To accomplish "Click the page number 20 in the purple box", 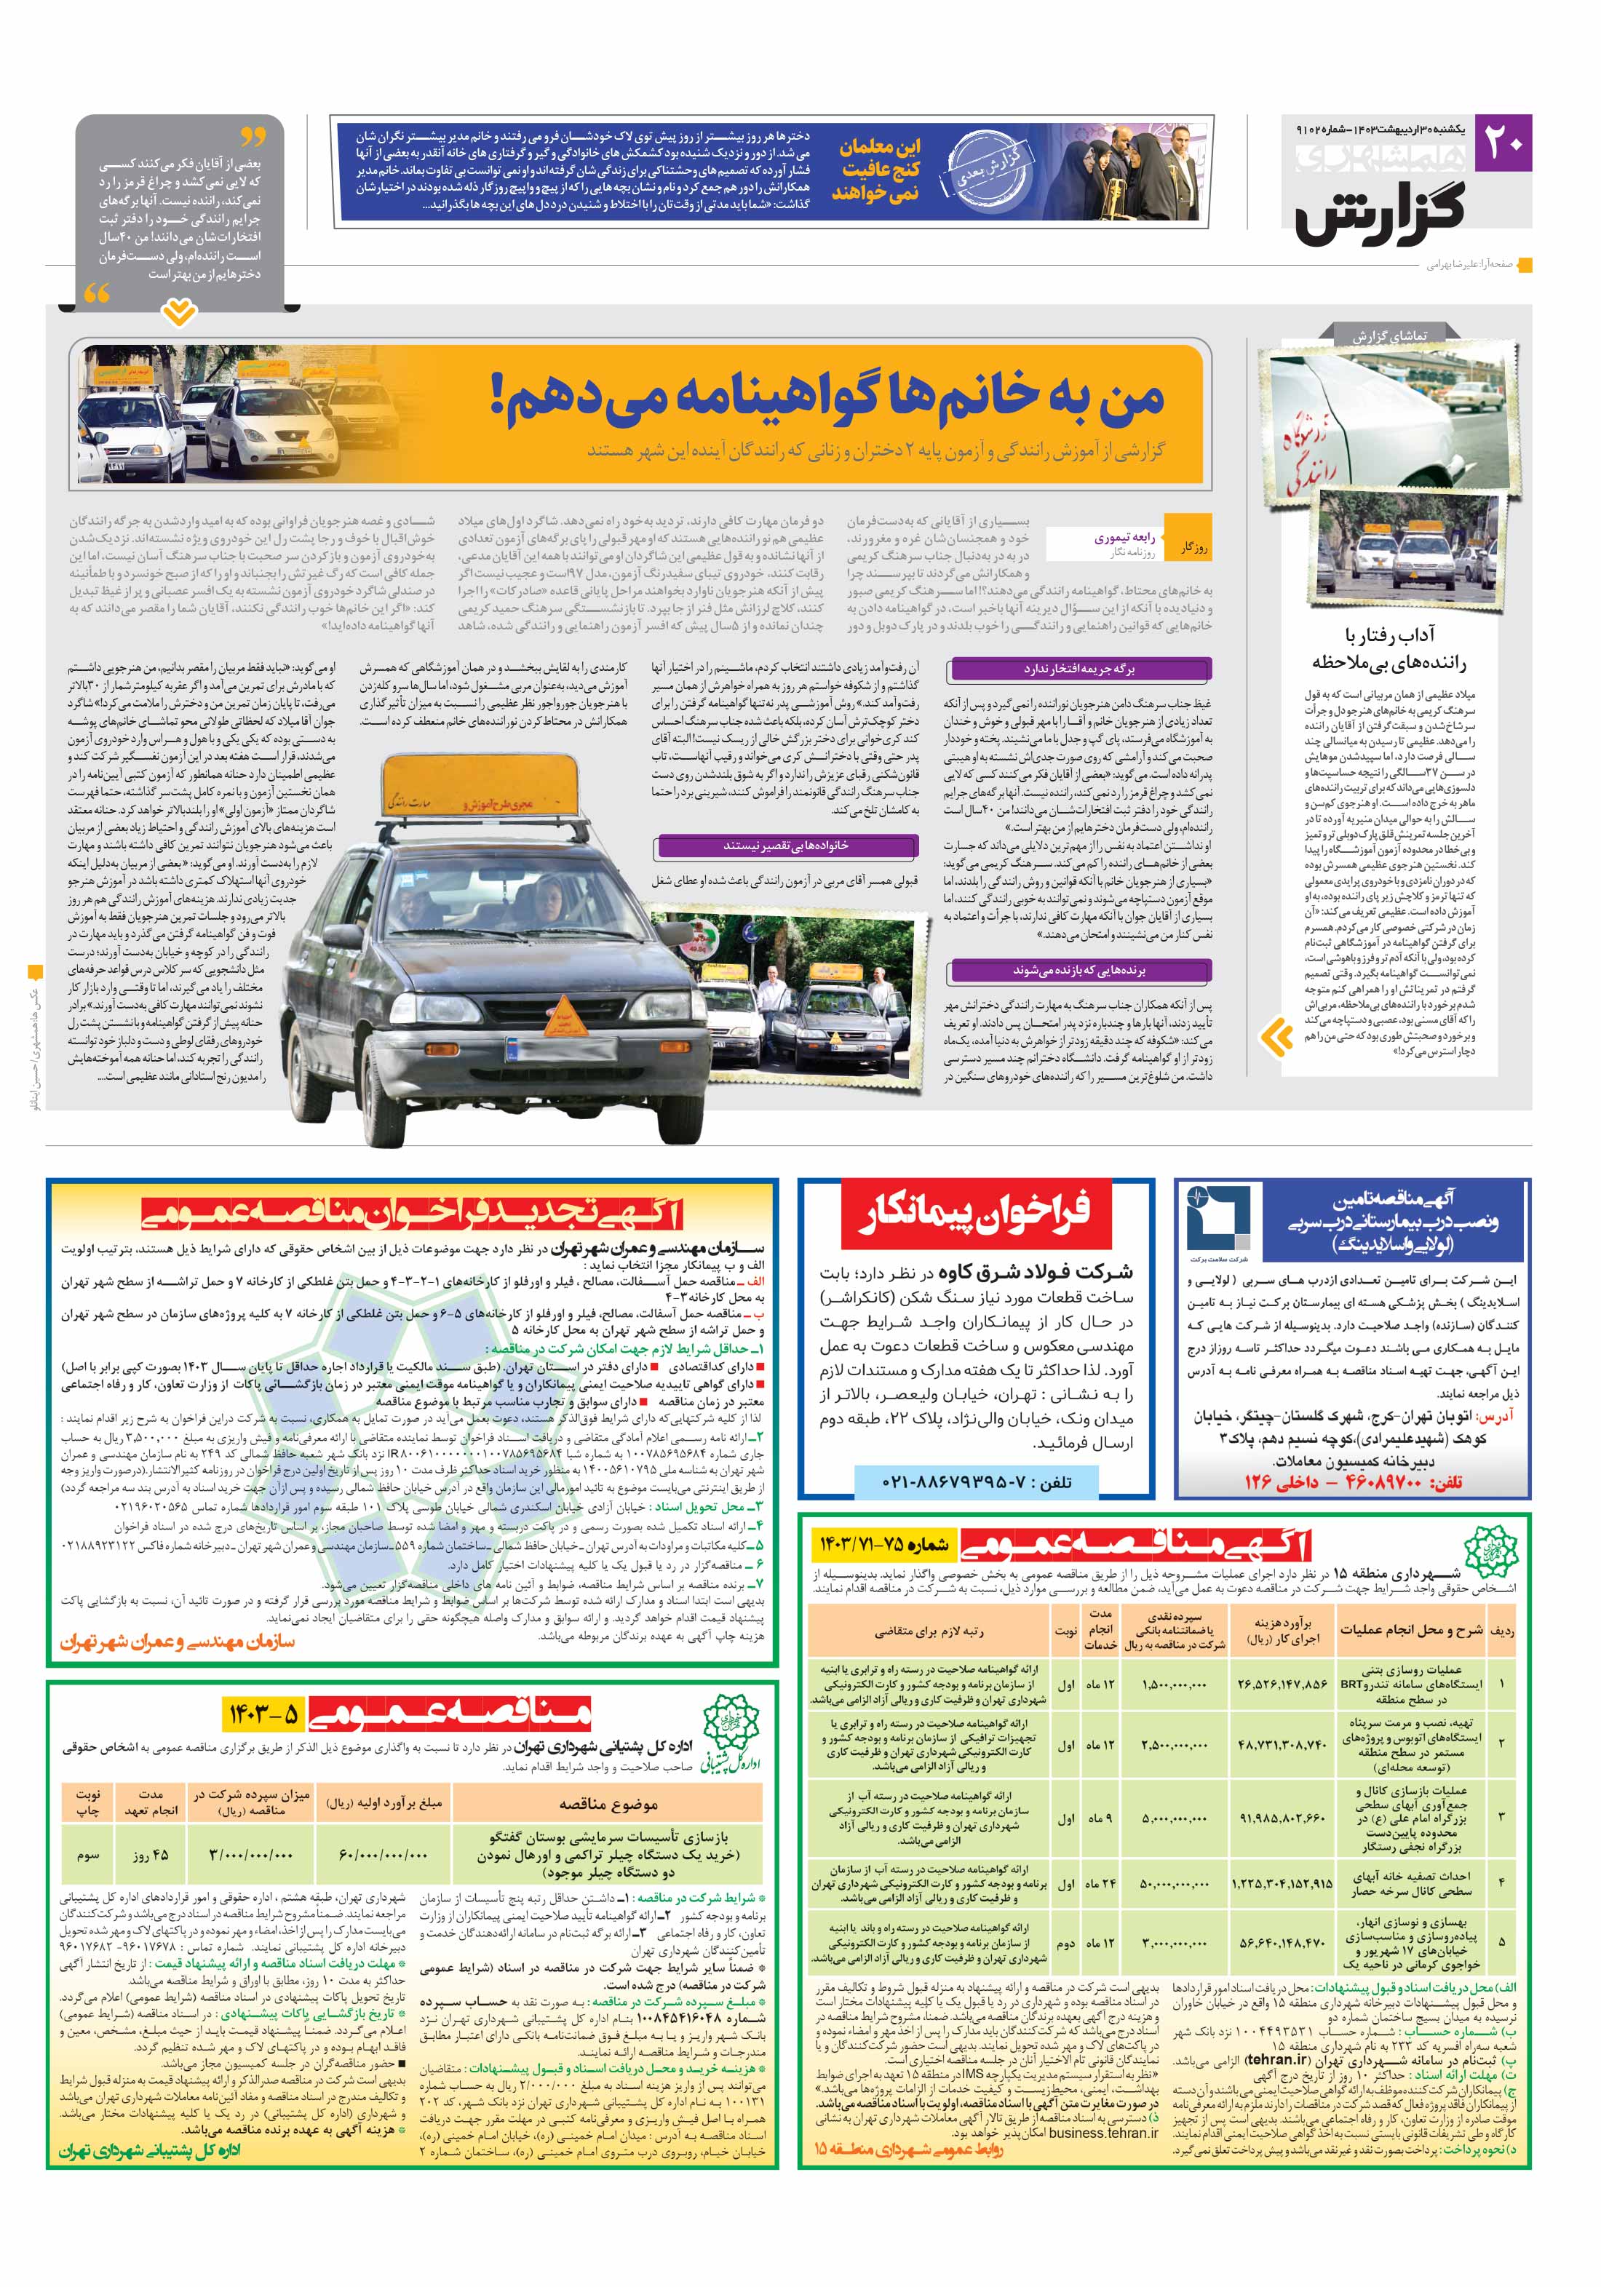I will tap(1503, 143).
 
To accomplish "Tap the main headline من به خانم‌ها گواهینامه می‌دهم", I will tap(827, 395).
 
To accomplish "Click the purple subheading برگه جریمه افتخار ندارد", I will tap(1079, 669).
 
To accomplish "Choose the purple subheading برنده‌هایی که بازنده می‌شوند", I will tap(1079, 969).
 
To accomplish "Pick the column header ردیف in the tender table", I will tap(1501, 1630).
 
